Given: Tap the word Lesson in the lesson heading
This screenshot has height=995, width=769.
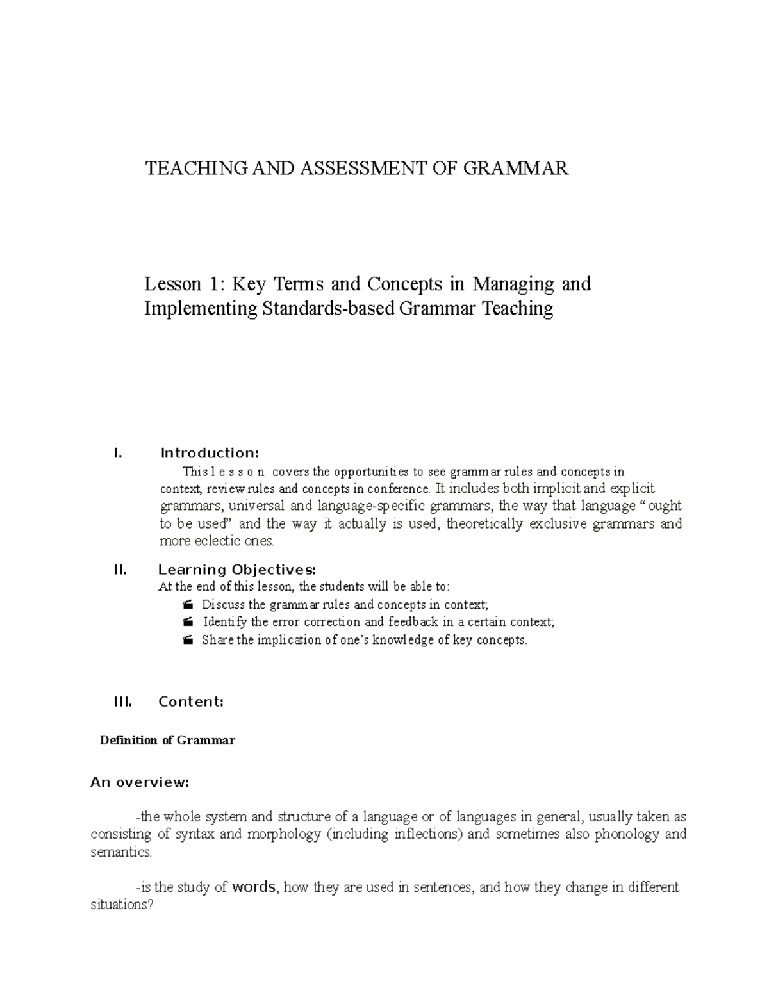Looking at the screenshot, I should click(172, 283).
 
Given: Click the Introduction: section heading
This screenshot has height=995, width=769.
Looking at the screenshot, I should click(210, 454).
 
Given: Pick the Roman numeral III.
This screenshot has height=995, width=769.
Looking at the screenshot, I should click(122, 702).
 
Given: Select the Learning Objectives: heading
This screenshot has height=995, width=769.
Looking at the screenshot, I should click(237, 570).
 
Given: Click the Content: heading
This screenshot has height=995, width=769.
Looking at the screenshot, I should click(191, 702).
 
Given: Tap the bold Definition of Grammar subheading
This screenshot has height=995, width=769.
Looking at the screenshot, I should click(168, 741).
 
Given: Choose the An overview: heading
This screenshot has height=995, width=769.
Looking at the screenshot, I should click(140, 782).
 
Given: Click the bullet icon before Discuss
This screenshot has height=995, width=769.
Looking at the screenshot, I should click(187, 605).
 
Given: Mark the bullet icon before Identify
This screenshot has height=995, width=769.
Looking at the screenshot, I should click(187, 622).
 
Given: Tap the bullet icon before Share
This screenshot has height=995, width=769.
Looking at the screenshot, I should click(187, 640).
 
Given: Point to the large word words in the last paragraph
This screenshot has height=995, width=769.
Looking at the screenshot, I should click(254, 887).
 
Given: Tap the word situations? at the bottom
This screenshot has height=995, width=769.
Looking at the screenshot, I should click(119, 906).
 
